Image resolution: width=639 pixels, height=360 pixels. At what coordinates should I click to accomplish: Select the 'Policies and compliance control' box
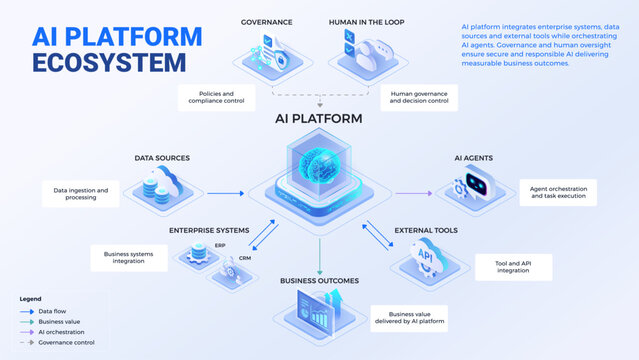tap(216, 98)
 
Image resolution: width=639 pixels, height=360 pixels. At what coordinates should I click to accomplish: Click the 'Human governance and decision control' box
tap(419, 98)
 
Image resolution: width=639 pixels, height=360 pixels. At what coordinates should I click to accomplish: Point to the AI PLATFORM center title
tap(319, 119)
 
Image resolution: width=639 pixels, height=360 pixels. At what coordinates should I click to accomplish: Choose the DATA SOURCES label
tap(162, 158)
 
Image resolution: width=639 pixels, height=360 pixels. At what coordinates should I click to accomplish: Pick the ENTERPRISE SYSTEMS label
tap(208, 231)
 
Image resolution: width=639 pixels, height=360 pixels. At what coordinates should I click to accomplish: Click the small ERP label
tap(220, 245)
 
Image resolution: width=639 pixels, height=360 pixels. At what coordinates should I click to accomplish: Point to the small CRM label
tap(244, 258)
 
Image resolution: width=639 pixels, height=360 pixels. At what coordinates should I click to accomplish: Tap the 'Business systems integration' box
tap(130, 258)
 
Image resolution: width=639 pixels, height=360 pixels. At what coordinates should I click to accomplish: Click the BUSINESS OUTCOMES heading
tap(319, 281)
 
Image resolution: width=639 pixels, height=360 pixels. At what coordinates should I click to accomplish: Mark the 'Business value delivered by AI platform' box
tap(408, 318)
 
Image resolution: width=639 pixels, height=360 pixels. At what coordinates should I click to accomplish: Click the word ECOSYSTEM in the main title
tap(109, 62)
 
